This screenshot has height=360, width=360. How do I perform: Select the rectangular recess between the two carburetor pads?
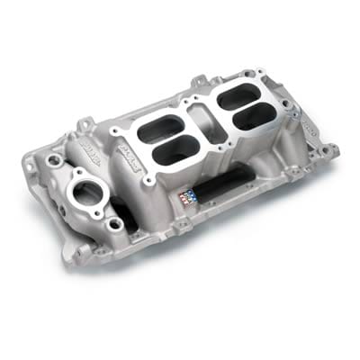[207, 127]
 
